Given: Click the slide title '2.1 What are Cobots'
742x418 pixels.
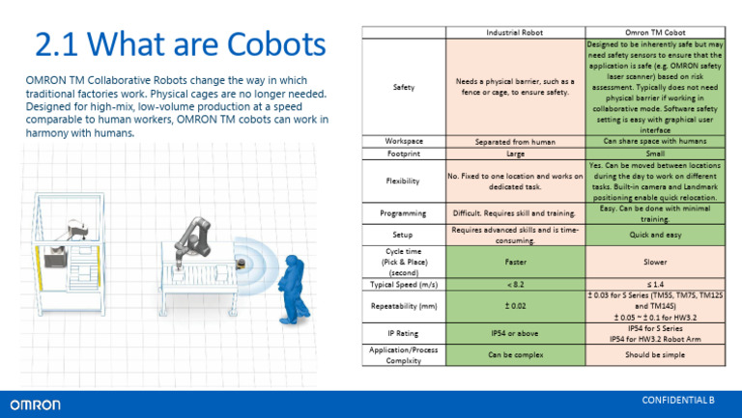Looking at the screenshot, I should click(180, 43).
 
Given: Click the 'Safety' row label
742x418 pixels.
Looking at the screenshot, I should click(404, 88).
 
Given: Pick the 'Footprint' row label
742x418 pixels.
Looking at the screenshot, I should click(404, 153).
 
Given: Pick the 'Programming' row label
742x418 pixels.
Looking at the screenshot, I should click(404, 211).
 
